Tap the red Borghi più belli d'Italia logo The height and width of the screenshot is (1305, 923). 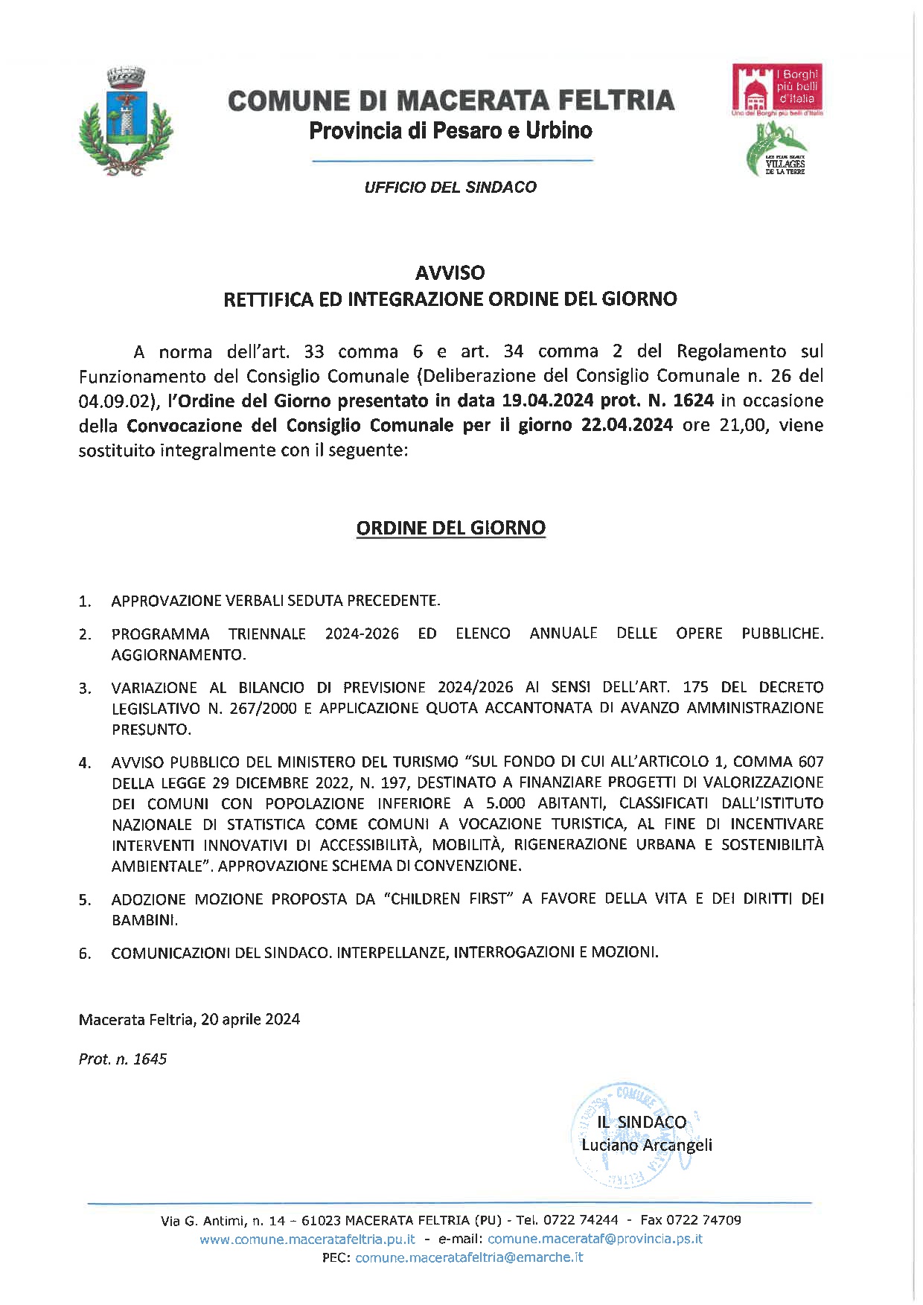(x=778, y=90)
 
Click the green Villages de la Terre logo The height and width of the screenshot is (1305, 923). (x=776, y=149)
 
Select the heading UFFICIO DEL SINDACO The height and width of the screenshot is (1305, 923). (x=450, y=188)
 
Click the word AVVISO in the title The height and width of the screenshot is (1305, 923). (x=450, y=272)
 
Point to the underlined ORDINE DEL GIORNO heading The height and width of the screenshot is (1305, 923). (x=450, y=528)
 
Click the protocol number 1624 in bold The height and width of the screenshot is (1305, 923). (x=693, y=401)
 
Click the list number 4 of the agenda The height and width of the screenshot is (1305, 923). (x=85, y=763)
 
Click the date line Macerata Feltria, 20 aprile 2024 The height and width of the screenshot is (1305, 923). (x=189, y=1019)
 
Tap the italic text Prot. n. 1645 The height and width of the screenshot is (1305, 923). (x=123, y=1059)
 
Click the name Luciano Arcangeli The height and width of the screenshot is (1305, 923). (x=646, y=1145)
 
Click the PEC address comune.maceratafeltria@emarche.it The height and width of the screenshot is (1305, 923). (x=469, y=1257)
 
